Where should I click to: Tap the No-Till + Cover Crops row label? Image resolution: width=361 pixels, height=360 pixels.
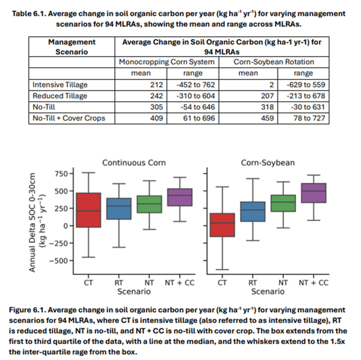(x=69, y=118)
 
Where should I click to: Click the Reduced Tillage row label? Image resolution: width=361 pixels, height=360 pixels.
(x=60, y=96)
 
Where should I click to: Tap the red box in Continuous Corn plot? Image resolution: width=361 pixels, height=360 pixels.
(x=88, y=209)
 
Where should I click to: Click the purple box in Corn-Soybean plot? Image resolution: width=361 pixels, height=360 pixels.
(x=313, y=193)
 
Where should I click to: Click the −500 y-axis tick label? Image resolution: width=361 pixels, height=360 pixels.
(x=58, y=260)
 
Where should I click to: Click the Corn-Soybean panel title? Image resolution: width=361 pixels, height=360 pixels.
(x=267, y=163)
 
